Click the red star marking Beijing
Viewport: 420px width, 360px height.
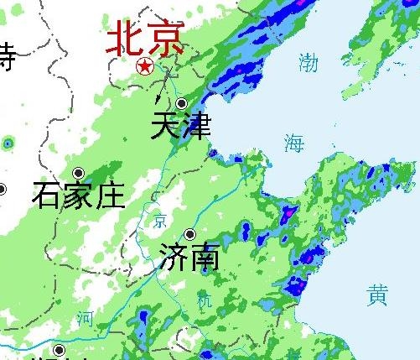(145, 66)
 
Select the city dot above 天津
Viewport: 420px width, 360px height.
(181, 103)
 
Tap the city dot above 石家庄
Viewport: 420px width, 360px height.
(78, 173)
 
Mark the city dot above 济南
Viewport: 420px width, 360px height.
(190, 234)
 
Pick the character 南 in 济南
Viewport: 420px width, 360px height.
(205, 256)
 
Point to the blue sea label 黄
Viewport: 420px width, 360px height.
(377, 295)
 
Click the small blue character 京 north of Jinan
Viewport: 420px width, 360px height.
(160, 222)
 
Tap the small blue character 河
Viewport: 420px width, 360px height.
(84, 318)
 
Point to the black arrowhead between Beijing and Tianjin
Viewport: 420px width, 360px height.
(160, 97)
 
